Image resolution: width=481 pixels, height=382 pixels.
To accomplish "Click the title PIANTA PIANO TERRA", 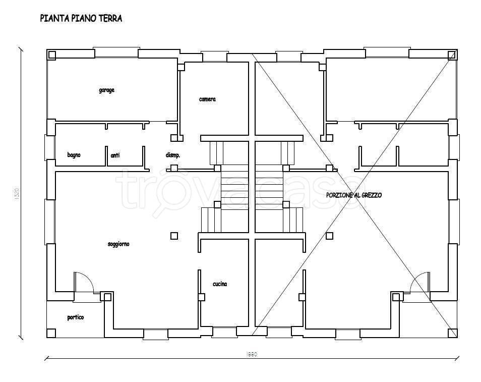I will click(81, 19).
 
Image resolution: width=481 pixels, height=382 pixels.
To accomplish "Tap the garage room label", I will click(106, 90).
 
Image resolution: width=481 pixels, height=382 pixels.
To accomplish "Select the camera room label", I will click(207, 99).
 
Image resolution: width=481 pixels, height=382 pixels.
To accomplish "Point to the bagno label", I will click(74, 155).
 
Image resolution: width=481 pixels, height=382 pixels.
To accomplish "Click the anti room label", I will click(115, 156).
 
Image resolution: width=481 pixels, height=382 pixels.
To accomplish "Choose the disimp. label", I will click(172, 155).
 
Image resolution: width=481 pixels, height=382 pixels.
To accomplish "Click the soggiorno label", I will click(118, 244).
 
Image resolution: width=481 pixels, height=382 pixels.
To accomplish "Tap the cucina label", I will click(219, 284).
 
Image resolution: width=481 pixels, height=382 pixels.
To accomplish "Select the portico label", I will click(76, 317).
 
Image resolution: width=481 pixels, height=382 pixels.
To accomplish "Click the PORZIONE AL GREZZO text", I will click(354, 195).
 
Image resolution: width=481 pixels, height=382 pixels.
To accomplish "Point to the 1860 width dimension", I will click(252, 355).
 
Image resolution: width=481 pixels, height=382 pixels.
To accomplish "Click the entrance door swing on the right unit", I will click(419, 282).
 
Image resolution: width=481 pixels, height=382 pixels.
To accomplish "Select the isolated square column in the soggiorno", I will click(174, 235).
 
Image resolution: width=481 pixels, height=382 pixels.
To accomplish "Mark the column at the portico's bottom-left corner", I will click(51, 333).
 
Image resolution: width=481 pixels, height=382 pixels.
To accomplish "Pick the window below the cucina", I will click(224, 333).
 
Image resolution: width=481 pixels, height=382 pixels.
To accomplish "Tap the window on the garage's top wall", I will click(116, 52).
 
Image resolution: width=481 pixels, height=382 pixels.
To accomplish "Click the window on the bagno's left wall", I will click(49, 146).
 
